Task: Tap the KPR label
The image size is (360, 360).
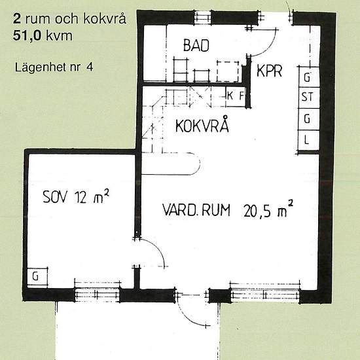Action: click(x=269, y=71)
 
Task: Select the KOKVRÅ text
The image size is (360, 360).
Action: click(x=202, y=126)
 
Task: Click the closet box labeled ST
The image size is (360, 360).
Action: click(x=307, y=98)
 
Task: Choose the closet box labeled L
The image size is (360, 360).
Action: click(x=307, y=140)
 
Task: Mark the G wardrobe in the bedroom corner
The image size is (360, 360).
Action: click(x=37, y=277)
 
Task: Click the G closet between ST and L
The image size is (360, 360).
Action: click(x=307, y=119)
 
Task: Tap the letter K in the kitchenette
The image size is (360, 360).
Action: click(x=230, y=95)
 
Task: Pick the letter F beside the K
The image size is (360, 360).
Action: click(x=241, y=95)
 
